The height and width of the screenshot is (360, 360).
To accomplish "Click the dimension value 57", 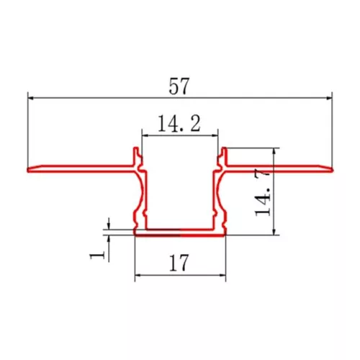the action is [x=179, y=86].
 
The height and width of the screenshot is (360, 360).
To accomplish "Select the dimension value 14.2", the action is [x=179, y=123].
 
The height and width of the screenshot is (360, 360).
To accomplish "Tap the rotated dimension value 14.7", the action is [x=263, y=192].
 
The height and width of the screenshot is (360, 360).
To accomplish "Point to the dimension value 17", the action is [x=179, y=263].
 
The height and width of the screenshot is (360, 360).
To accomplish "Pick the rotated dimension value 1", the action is [x=97, y=255].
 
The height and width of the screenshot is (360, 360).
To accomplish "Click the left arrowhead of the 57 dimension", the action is [x=31, y=98].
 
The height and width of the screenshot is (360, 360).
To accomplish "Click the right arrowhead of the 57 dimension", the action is [x=329, y=98].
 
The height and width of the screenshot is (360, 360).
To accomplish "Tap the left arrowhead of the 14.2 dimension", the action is [x=145, y=135].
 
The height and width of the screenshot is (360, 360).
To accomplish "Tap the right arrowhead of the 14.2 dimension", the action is [x=215, y=135].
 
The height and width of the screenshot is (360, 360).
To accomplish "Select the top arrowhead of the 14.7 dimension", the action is [x=274, y=151].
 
